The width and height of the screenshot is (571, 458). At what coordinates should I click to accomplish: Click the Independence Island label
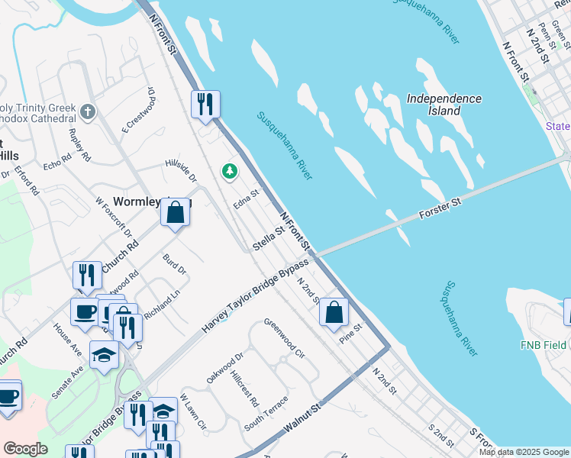(444, 105)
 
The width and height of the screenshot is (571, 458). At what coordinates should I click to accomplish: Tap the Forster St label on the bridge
(441, 210)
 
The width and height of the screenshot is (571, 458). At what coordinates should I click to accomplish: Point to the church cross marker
(88, 113)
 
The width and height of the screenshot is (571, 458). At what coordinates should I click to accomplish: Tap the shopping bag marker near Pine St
(334, 312)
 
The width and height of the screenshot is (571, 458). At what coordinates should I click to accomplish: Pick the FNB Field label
(544, 345)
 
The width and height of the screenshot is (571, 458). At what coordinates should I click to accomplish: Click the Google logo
(25, 449)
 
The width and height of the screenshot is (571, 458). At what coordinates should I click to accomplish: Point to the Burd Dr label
(175, 265)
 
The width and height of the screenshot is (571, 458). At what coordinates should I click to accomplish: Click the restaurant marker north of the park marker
(205, 105)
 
